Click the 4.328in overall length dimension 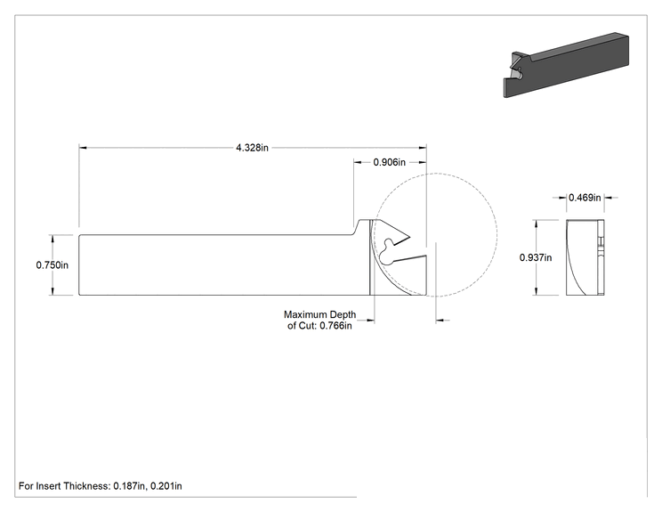click(x=252, y=148)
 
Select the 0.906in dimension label click(x=389, y=162)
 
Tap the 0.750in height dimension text click(x=52, y=265)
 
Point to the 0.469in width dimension click(x=585, y=198)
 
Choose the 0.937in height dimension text click(x=536, y=257)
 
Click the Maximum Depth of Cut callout click(x=319, y=321)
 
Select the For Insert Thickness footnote click(x=100, y=486)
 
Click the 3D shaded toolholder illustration click(x=566, y=65)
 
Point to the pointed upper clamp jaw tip click(x=409, y=237)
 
